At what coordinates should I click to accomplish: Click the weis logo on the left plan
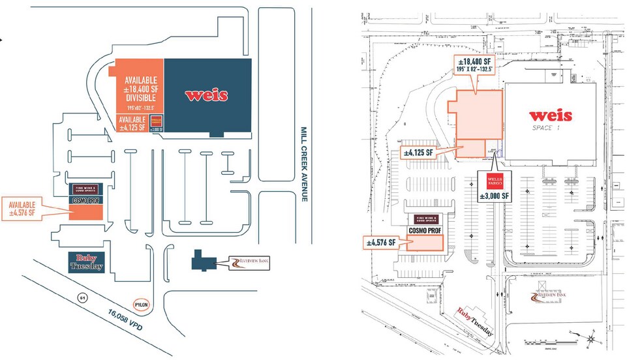coord(206,95)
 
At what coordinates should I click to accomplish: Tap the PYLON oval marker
coord(142,305)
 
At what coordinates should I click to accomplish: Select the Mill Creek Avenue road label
coord(303,163)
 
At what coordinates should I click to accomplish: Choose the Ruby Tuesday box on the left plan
coord(85,262)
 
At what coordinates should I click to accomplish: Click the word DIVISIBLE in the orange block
coord(140,98)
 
